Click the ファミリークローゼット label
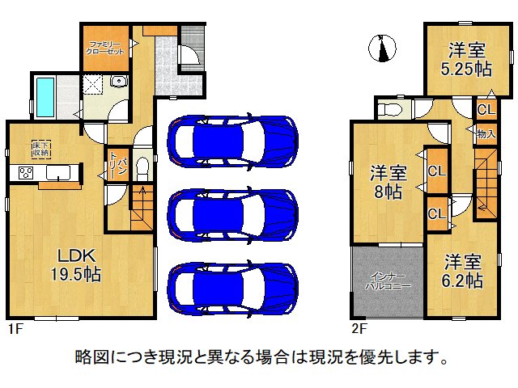coord(105,47)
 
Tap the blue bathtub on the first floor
coord(44,95)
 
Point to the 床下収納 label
coord(41,148)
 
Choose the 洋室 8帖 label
coord(388,182)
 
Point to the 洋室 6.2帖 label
coord(463,272)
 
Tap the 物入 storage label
coord(486,134)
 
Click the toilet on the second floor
coord(390,108)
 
